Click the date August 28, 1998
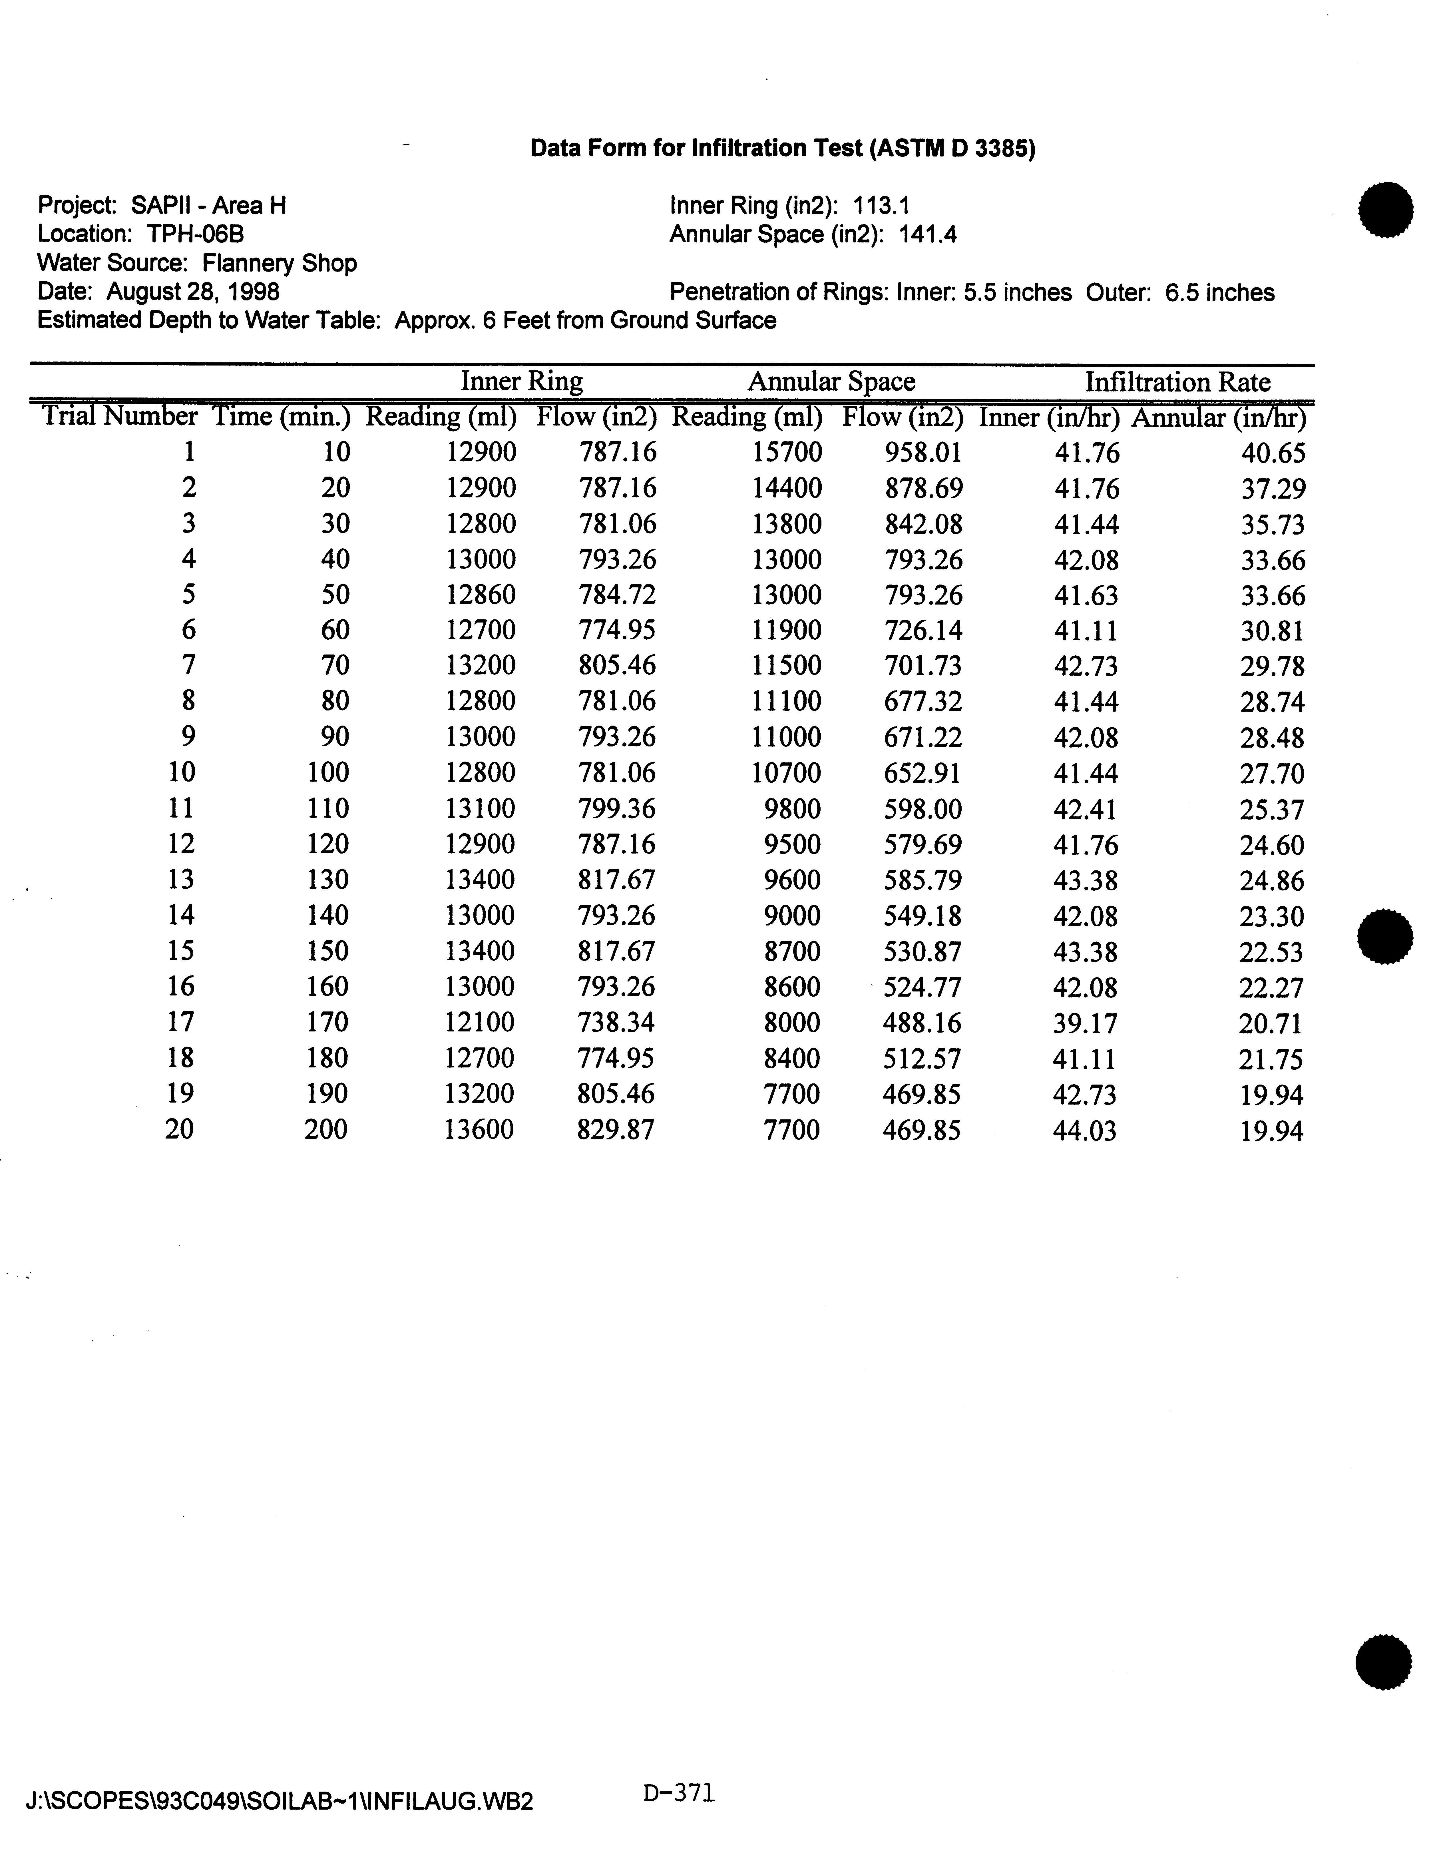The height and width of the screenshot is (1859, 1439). tap(193, 292)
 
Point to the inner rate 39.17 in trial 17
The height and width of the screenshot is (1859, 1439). tap(1085, 1022)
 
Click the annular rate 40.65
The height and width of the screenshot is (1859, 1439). tap(1272, 453)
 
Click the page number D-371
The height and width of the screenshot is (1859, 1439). tap(679, 1793)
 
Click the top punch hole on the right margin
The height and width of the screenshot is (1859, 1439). tap(1386, 208)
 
